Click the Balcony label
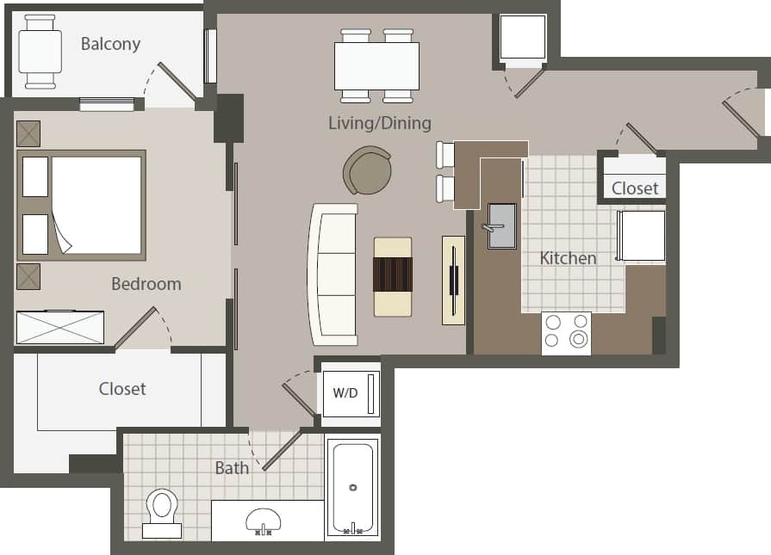(110, 44)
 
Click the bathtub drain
(352, 488)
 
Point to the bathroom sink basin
(264, 520)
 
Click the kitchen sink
(501, 225)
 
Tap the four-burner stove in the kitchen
(566, 333)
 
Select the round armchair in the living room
(368, 170)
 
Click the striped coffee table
(393, 276)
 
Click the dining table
(376, 65)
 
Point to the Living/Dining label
(380, 123)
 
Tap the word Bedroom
(146, 283)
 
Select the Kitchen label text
(568, 257)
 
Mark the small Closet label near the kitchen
(635, 188)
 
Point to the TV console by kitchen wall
(453, 281)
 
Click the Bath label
(232, 467)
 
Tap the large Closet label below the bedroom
(122, 389)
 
